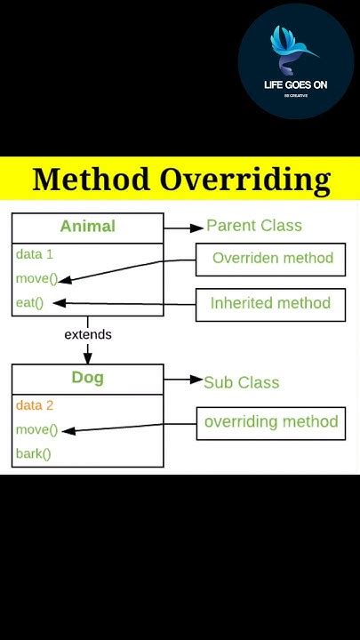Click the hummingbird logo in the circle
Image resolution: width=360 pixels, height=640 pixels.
pyautogui.click(x=294, y=50)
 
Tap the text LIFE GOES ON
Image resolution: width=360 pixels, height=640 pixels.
pyautogui.click(x=296, y=85)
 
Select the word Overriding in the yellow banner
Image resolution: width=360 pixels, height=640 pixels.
pyautogui.click(x=245, y=180)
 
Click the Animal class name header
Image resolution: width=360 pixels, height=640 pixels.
pyautogui.click(x=87, y=226)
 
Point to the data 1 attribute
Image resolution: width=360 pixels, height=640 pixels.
pyautogui.click(x=35, y=254)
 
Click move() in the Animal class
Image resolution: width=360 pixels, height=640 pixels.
pyautogui.click(x=36, y=278)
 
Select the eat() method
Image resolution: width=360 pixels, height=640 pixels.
pyautogui.click(x=29, y=302)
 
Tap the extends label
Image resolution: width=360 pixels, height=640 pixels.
pyautogui.click(x=88, y=334)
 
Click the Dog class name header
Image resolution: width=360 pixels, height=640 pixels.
pyautogui.click(x=87, y=378)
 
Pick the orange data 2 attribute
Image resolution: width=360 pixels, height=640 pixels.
pyautogui.click(x=35, y=405)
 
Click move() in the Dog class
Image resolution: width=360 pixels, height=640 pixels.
pyautogui.click(x=36, y=430)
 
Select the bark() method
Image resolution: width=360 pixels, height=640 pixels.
pyautogui.click(x=34, y=453)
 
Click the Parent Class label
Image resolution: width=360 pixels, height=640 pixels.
pyautogui.click(x=254, y=226)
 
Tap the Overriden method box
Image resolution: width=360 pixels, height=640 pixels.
pyautogui.click(x=272, y=259)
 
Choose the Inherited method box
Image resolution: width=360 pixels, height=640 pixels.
pyautogui.click(x=270, y=304)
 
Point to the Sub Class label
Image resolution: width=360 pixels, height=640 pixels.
pyautogui.click(x=241, y=382)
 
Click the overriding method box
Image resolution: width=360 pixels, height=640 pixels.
pyautogui.click(x=271, y=422)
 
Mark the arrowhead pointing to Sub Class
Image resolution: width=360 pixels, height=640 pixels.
pyautogui.click(x=197, y=380)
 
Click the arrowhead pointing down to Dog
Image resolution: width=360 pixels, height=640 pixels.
pyautogui.click(x=88, y=358)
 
